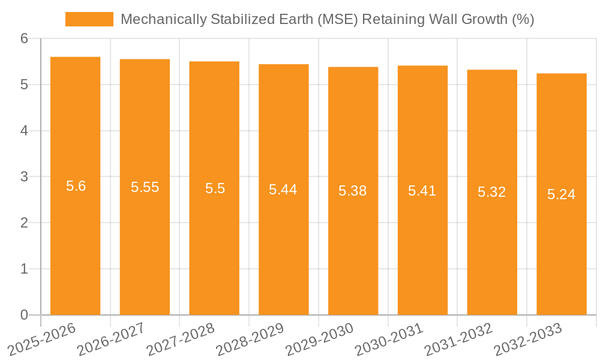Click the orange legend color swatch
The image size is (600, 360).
89,19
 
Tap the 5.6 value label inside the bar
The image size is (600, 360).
76,186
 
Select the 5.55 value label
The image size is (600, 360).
145,187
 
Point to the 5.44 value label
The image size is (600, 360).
283,190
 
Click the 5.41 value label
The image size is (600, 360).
422,191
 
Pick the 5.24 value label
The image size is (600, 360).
561,194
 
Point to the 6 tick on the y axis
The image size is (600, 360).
24,38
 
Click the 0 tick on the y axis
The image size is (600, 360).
24,315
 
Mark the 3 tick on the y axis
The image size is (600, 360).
24,177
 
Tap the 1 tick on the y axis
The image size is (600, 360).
24,269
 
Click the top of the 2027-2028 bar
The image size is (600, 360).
214,62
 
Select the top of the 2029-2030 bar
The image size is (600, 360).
353,67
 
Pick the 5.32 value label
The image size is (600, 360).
491,192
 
